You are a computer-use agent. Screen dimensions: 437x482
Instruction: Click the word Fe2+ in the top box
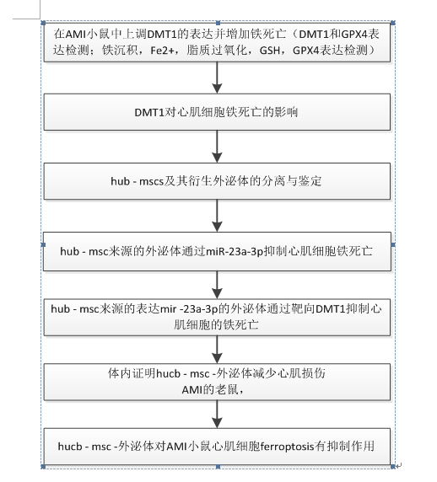(x=162, y=50)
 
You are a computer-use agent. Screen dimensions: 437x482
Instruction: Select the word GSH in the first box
(x=270, y=50)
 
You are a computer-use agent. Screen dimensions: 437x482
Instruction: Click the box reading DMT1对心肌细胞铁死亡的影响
(x=217, y=112)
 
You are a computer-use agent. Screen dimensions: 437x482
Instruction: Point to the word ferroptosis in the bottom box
(x=287, y=446)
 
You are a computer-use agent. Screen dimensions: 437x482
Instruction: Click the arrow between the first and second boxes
(x=218, y=78)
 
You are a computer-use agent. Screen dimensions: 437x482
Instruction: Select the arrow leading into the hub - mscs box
(x=218, y=147)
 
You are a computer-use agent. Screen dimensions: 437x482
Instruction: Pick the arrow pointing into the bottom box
(x=218, y=414)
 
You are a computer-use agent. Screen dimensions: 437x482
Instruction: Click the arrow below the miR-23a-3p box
(x=218, y=285)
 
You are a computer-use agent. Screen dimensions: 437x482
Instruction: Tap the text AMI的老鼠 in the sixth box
(x=210, y=390)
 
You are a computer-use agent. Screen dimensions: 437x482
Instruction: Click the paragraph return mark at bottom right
(x=399, y=466)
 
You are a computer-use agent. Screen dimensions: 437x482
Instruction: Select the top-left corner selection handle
(x=43, y=23)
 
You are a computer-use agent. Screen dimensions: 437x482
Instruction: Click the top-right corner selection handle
(x=393, y=23)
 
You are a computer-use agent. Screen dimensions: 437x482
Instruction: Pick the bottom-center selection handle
(x=218, y=467)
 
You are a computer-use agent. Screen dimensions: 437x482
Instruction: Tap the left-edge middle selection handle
(x=43, y=244)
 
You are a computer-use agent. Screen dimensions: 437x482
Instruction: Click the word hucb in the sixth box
(x=169, y=373)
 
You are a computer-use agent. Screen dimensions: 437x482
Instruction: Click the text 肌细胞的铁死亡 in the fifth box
(x=216, y=325)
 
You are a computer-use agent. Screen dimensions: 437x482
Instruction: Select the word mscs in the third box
(x=151, y=181)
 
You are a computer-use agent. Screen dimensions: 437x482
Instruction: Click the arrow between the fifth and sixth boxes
(x=218, y=350)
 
